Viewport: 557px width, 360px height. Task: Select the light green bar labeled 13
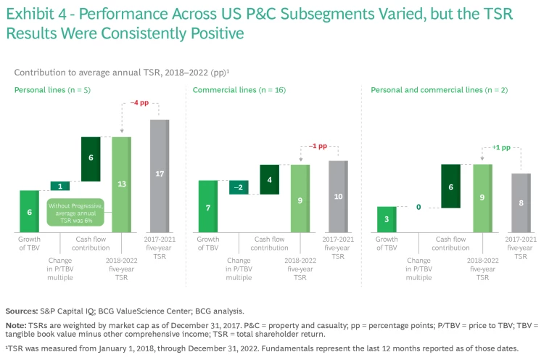122,184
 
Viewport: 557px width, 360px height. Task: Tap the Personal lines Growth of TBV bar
30,211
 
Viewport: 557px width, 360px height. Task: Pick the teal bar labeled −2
239,187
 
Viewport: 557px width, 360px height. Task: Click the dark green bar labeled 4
270,179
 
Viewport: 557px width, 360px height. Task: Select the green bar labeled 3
387,219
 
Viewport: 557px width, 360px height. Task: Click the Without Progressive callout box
75,210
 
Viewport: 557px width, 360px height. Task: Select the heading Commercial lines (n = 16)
229,90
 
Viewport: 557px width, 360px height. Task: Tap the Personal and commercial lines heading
426,90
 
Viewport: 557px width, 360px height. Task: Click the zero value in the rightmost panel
418,207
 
